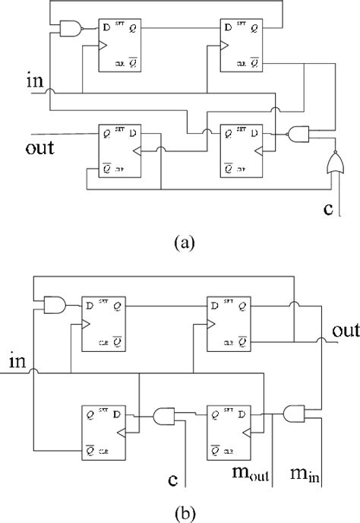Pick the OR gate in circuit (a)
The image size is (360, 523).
click(330, 162)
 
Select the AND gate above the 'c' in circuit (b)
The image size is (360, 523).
click(164, 415)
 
